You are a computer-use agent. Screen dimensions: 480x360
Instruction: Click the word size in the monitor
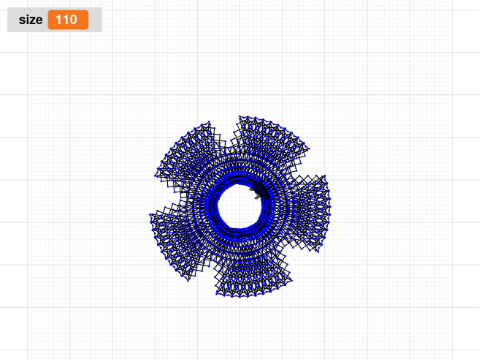(31, 20)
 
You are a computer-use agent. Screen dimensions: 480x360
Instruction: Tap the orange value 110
(68, 20)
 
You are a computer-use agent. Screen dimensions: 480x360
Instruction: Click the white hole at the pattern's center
(239, 206)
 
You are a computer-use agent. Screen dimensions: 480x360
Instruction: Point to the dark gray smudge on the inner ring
(256, 193)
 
